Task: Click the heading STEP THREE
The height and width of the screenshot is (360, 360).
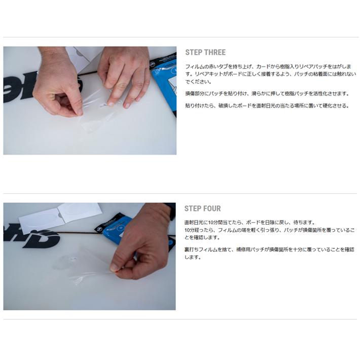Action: (x=205, y=52)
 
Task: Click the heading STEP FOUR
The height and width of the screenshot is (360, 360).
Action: (x=202, y=208)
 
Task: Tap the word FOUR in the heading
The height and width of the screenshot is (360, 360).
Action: (x=211, y=208)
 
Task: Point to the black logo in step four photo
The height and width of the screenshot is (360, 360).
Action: (x=30, y=236)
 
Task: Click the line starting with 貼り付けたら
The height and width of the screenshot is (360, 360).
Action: (x=266, y=106)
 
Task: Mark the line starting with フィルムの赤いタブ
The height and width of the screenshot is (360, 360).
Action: (x=269, y=67)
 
